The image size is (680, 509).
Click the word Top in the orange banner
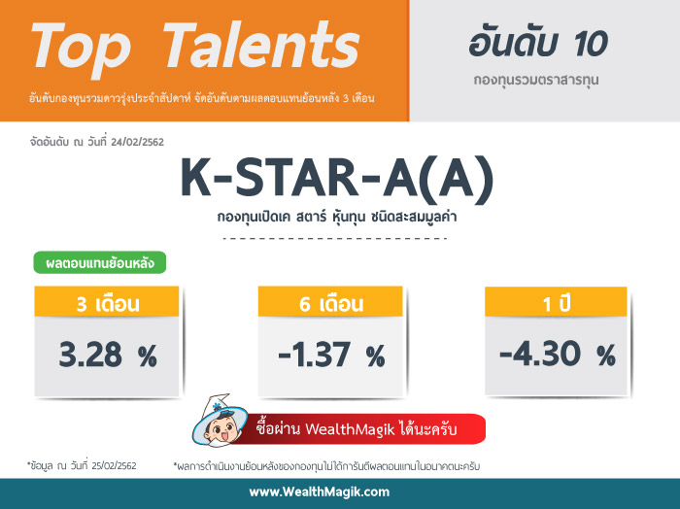81,49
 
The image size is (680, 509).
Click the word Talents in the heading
261,45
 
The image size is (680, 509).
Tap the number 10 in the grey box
591,45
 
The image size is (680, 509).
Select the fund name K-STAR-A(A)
336,181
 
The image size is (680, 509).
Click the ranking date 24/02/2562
138,142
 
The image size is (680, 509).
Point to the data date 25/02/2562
114,466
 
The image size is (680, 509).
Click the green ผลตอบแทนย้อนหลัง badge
100,262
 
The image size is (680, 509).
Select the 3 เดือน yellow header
107,302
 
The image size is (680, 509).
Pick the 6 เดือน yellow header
330,302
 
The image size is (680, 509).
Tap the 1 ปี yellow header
556,302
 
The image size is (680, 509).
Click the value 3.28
90,355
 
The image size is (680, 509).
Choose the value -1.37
314,355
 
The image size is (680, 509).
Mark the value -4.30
540,354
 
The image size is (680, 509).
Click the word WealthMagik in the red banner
350,429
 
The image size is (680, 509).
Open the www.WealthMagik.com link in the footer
320,492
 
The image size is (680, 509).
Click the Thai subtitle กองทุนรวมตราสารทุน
536,81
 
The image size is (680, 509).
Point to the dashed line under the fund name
335,238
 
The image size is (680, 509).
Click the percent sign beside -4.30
606,356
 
